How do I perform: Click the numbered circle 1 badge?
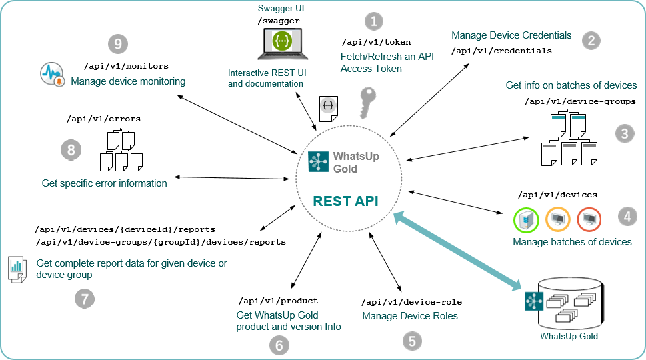coord(373,21)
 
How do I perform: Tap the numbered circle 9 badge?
coord(117,45)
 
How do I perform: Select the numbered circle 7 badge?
coord(83,299)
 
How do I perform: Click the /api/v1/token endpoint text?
coord(376,42)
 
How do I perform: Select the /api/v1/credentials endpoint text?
coord(501,50)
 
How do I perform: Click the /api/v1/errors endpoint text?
coord(103,119)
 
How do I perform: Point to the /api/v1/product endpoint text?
coord(278,301)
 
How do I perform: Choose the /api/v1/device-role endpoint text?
coord(411,302)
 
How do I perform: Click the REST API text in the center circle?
coord(346,201)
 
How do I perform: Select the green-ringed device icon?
coord(526,219)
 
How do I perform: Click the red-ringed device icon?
coord(589,219)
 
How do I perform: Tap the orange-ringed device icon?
coord(558,219)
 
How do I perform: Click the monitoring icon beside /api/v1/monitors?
coord(51,75)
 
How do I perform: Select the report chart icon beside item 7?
coord(17,269)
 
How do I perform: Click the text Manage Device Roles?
coord(410,315)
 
